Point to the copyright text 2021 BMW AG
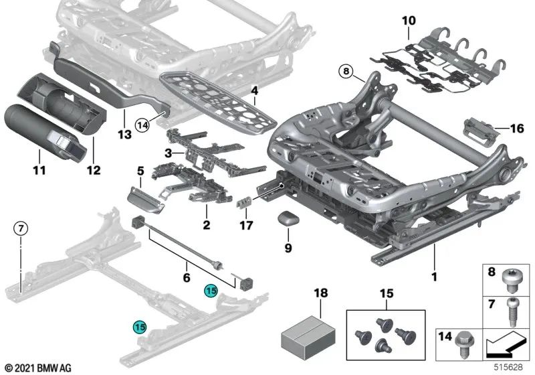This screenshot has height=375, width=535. (x=38, y=368)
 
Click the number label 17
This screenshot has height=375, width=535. (x=247, y=226)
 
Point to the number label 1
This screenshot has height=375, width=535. (x=434, y=275)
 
